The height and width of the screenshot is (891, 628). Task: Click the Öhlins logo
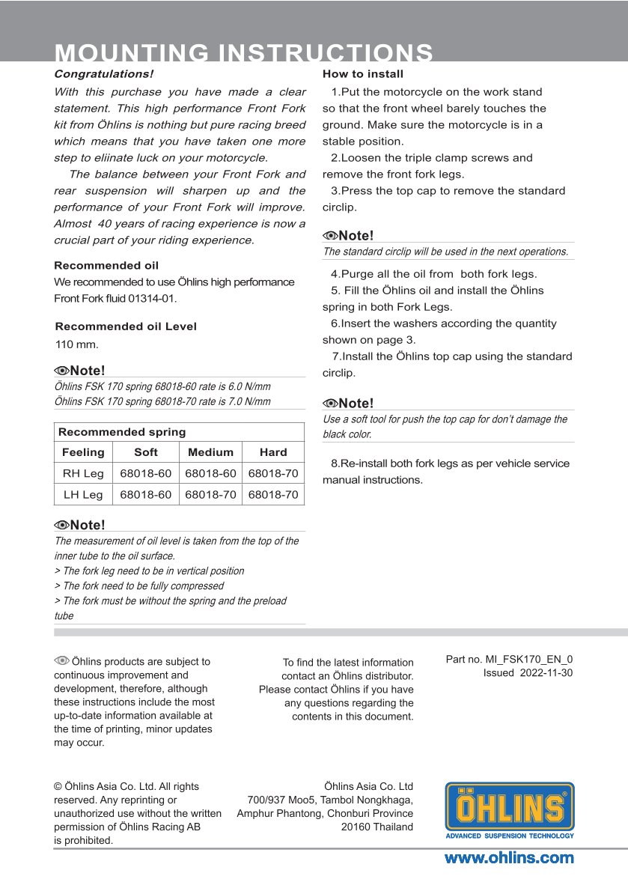[x=510, y=809]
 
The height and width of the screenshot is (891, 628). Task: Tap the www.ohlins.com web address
[x=509, y=858]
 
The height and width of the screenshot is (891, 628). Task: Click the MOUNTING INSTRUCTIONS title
[x=244, y=52]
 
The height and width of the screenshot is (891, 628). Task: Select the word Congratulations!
[x=103, y=74]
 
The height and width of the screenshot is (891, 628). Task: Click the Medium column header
[x=210, y=452]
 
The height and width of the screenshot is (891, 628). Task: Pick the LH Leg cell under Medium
[x=210, y=495]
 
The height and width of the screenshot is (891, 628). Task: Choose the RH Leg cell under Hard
[x=273, y=473]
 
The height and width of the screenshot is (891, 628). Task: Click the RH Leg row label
[x=83, y=473]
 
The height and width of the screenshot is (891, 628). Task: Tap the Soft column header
[x=146, y=452]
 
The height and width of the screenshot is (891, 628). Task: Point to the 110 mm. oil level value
[x=77, y=345]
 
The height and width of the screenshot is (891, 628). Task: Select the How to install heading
[x=363, y=74]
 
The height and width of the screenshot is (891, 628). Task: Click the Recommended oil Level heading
[x=126, y=326]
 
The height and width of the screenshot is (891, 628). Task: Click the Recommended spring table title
[x=122, y=432]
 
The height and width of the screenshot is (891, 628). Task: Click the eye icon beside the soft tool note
[x=330, y=404]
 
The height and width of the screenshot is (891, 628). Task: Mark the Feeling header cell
[x=83, y=452]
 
